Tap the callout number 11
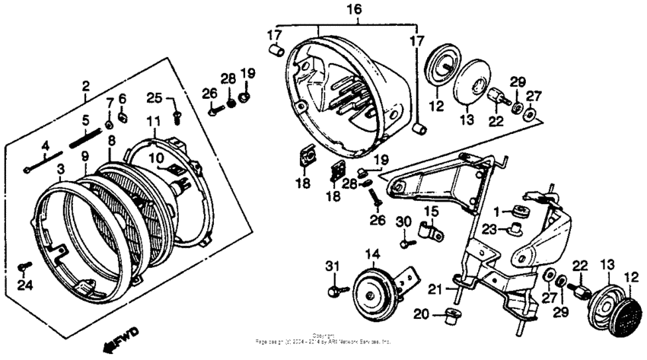[154, 122]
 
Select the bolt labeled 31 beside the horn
[335, 291]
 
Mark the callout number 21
[435, 288]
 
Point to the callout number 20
[419, 314]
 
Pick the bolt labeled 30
[405, 243]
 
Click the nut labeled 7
[109, 122]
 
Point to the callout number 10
[154, 158]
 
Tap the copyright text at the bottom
[323, 339]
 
